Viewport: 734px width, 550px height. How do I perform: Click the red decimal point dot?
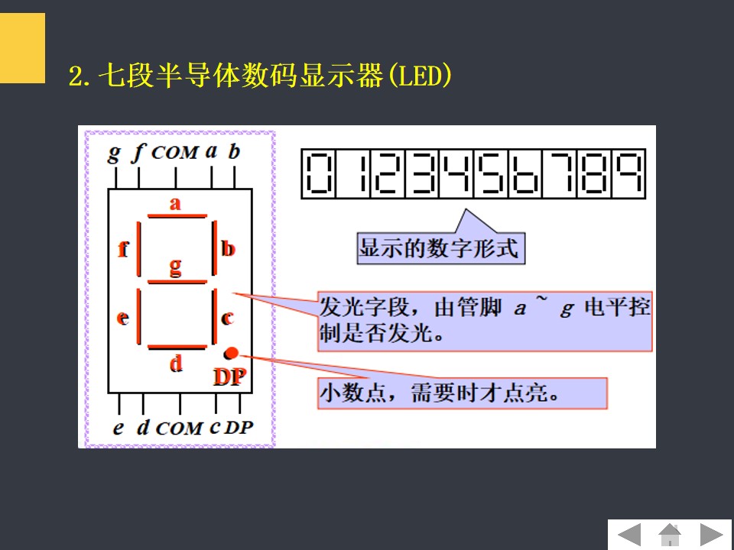tap(232, 353)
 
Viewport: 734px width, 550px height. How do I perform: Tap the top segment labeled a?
tap(177, 216)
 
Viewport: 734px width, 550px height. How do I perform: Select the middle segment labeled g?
tap(177, 281)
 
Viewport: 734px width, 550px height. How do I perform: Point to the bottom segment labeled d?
tap(177, 347)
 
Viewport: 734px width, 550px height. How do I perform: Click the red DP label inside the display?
tap(229, 376)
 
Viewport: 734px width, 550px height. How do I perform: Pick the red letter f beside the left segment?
tap(123, 249)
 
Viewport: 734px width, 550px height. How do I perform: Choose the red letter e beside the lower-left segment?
tap(122, 318)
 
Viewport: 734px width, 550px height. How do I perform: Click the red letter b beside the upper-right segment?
tap(228, 248)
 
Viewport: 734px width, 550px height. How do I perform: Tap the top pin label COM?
tap(175, 153)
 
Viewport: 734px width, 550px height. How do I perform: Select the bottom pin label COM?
tap(179, 429)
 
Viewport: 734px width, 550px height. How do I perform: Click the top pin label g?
tap(115, 153)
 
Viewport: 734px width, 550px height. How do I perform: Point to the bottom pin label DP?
tap(239, 428)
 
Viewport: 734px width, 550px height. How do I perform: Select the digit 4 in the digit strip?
tap(455, 173)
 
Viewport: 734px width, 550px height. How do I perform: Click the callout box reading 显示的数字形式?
tap(440, 249)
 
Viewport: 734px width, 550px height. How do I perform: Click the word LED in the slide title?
tap(419, 76)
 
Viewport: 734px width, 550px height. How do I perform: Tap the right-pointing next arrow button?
tap(711, 535)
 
